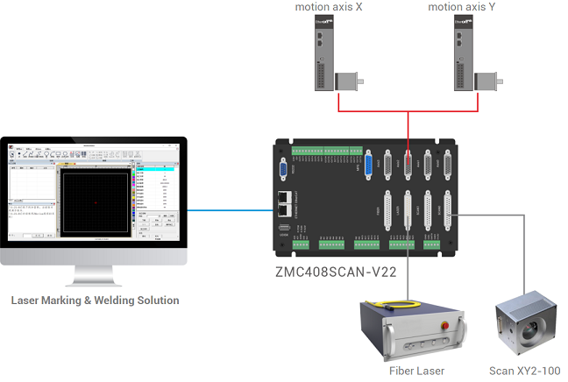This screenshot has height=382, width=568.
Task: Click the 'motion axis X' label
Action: [x=330, y=8]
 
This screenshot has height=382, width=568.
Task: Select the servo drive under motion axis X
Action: [x=326, y=54]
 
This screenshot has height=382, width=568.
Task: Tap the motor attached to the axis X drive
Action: [x=349, y=81]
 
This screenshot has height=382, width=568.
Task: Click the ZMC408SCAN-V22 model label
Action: [x=337, y=272]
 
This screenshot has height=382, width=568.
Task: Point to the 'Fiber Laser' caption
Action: [x=416, y=371]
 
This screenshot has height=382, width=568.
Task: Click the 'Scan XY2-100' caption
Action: [x=523, y=371]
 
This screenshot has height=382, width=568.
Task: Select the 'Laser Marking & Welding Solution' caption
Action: [x=95, y=301]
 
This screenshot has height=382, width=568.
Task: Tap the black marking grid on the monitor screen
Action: [x=96, y=202]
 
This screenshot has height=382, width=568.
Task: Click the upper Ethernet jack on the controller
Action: [x=283, y=197]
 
